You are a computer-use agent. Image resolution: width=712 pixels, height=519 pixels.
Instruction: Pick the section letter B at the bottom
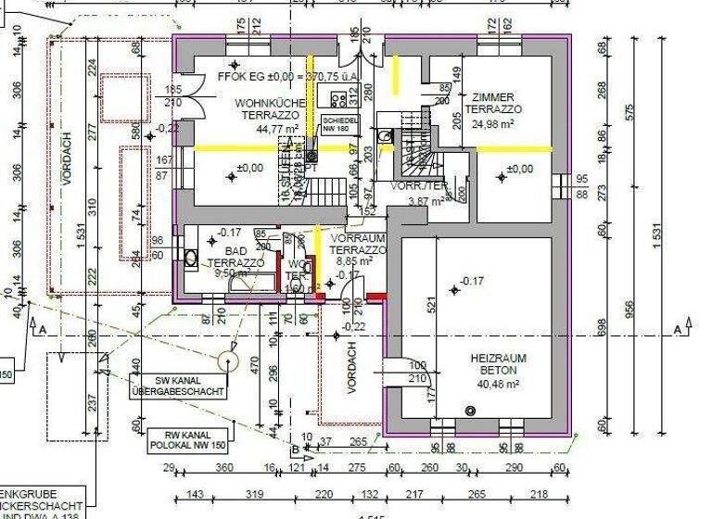296,450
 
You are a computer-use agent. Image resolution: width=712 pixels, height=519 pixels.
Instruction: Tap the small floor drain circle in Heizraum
470,411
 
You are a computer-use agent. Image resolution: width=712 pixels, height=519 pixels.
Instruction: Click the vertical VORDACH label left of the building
66,185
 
